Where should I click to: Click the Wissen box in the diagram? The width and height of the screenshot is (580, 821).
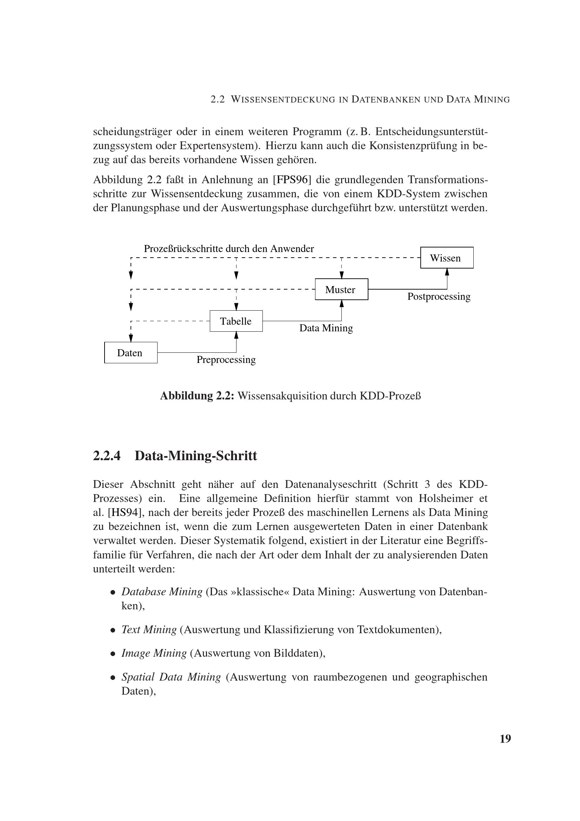tap(446, 257)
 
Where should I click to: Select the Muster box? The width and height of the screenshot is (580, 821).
tap(341, 289)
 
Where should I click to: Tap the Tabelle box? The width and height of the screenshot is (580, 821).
tap(236, 321)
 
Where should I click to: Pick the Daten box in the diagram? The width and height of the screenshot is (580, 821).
tap(131, 352)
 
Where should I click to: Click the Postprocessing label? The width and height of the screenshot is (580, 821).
tap(439, 297)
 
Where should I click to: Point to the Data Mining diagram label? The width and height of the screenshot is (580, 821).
tap(326, 328)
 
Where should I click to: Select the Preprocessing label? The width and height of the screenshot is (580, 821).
tap(226, 359)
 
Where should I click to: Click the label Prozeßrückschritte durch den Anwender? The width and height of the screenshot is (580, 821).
tap(229, 249)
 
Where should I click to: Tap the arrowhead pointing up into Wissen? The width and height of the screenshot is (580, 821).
tap(447, 272)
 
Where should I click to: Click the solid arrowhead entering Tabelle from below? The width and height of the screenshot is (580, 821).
tap(236, 335)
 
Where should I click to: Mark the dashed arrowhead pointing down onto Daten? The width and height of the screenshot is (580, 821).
tap(131, 338)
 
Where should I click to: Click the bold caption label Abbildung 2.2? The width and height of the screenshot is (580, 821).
tap(197, 396)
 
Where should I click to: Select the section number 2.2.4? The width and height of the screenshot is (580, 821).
tap(107, 456)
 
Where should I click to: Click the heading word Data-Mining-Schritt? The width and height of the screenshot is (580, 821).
tap(196, 456)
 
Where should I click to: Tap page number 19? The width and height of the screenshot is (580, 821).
tap(505, 739)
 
